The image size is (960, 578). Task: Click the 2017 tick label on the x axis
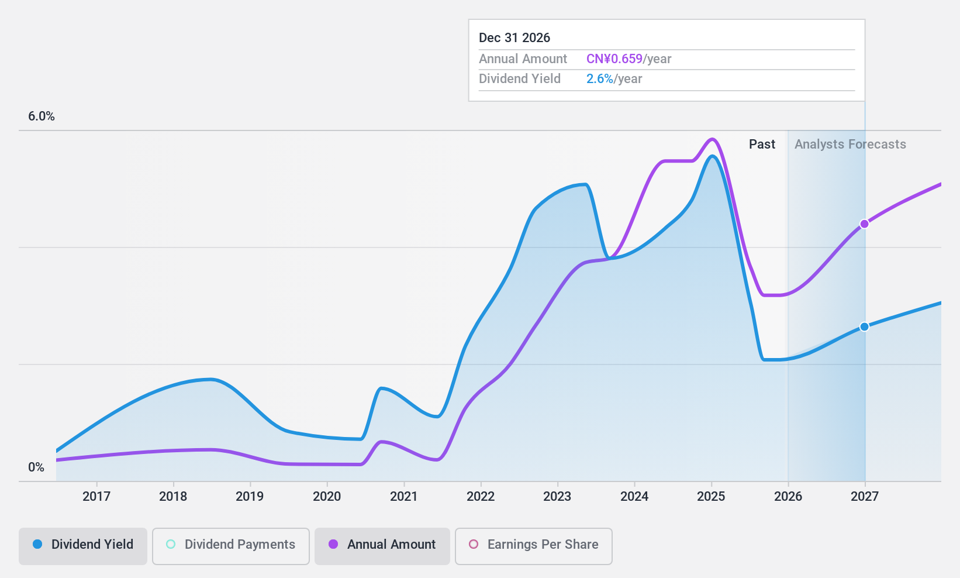click(96, 497)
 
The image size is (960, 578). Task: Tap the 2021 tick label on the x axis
click(404, 497)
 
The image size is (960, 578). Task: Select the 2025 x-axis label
click(711, 497)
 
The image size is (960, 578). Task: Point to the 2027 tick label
click(865, 497)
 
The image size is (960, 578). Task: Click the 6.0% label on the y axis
click(42, 116)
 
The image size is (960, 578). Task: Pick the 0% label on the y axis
click(36, 467)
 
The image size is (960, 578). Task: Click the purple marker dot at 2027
click(865, 224)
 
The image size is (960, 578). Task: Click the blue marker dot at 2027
click(865, 326)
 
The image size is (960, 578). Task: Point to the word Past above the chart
click(762, 144)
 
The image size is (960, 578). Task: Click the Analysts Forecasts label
click(850, 144)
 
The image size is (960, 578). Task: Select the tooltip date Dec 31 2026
click(514, 38)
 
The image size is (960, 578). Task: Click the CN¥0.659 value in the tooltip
click(614, 59)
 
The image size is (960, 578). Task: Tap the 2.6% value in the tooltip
click(599, 79)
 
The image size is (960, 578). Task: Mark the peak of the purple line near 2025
click(712, 139)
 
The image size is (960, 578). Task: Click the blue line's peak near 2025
click(712, 156)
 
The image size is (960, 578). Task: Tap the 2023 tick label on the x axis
click(557, 497)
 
